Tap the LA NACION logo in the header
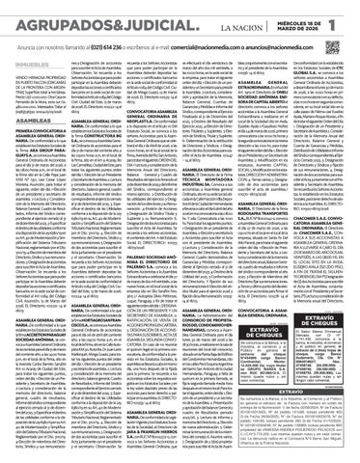point(231,14)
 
